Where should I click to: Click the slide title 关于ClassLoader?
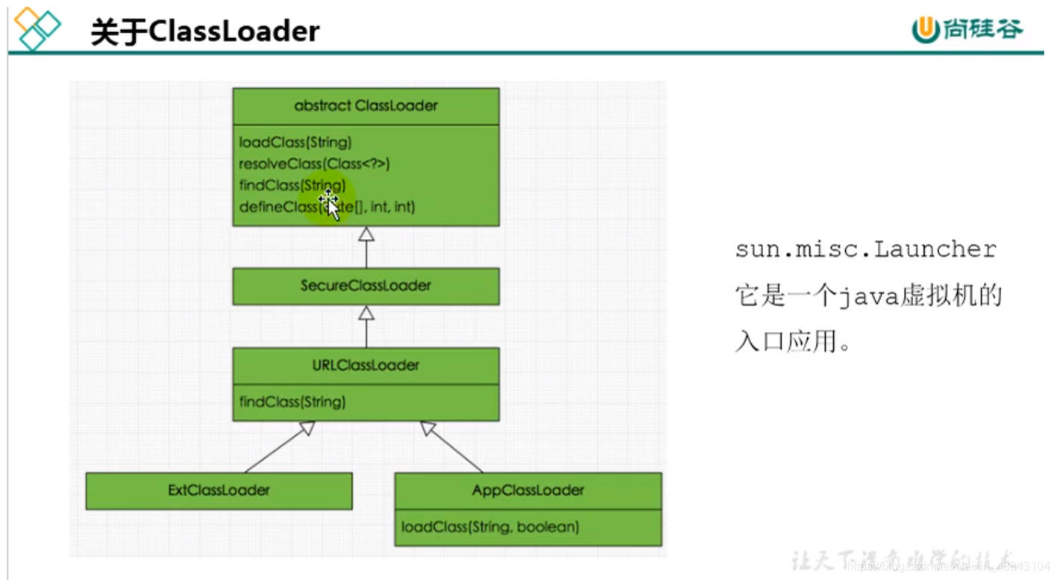[205, 32]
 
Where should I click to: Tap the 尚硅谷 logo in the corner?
[967, 29]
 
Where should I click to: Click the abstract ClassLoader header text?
[366, 105]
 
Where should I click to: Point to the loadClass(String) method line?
[295, 142]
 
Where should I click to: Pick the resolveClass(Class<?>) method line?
[314, 163]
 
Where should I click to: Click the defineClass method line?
[326, 207]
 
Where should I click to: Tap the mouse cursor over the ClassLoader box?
[329, 203]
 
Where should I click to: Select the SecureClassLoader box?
[366, 286]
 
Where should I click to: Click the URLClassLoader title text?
[366, 365]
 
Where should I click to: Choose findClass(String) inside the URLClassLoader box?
[292, 402]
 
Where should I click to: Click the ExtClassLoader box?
[219, 490]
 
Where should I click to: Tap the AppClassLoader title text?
[528, 490]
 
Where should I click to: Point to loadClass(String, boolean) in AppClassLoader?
[490, 527]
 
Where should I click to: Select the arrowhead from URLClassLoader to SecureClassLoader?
[366, 314]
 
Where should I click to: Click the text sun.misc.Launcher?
[866, 249]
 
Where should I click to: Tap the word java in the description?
[866, 297]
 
